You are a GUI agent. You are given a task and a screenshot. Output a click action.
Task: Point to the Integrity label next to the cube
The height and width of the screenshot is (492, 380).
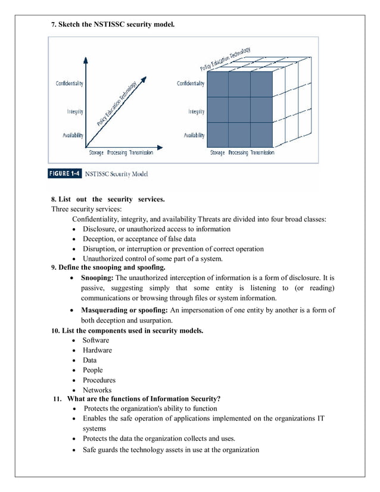point(196,111)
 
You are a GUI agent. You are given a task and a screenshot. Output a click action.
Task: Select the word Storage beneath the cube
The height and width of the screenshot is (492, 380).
point(217,152)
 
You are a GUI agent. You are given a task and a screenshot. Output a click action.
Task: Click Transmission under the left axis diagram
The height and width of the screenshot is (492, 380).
point(141,152)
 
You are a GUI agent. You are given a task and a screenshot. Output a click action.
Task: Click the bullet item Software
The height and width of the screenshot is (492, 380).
point(96,340)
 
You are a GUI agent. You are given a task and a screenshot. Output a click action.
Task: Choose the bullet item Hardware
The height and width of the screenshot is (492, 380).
point(97,350)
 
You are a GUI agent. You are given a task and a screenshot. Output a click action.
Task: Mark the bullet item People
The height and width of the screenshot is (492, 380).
point(94,370)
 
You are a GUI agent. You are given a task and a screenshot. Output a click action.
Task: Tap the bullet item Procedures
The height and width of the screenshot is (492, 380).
point(99,380)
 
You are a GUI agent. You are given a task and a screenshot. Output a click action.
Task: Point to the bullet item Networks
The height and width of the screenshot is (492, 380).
point(97,390)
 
